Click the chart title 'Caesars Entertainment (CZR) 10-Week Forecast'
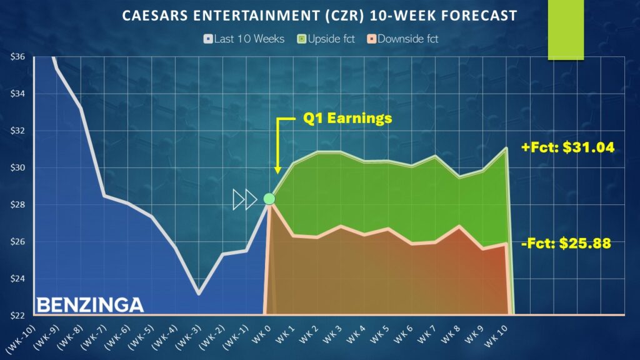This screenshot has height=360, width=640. pos(319,14)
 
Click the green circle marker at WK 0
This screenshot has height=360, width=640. pos(269,199)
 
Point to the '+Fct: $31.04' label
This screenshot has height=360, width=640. pos(567,148)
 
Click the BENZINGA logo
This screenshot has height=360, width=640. pos(90,305)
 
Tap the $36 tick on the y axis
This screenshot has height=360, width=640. pos(17,57)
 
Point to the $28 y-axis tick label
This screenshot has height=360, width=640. pos(17,204)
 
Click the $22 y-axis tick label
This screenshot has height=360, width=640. pos(17,315)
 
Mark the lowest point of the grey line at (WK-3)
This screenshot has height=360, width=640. pos(198,293)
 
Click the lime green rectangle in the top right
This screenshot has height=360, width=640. pos(566,30)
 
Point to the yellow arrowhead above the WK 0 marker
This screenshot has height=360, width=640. pos(277,170)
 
